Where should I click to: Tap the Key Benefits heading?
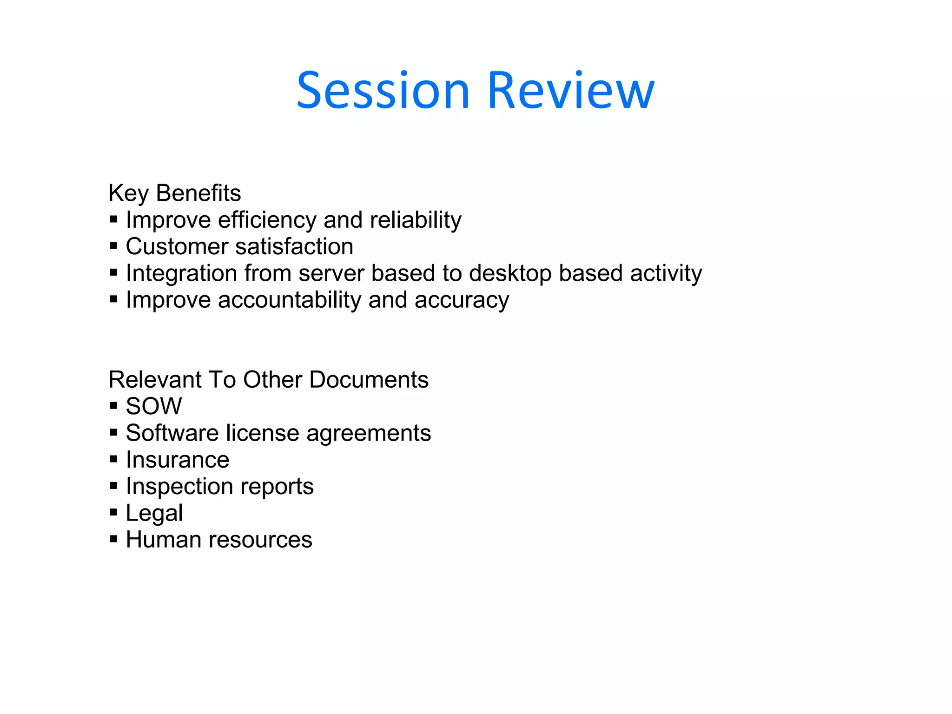pyautogui.click(x=174, y=193)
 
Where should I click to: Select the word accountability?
pyautogui.click(x=289, y=300)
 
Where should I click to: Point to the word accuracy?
pyautogui.click(x=462, y=301)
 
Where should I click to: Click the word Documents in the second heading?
pyautogui.click(x=369, y=380)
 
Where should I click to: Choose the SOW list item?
pyautogui.click(x=154, y=406)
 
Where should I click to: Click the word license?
pyautogui.click(x=263, y=433)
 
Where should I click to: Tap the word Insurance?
pyautogui.click(x=178, y=460)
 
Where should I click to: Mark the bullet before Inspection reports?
pyautogui.click(x=113, y=486)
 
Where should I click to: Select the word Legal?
pyautogui.click(x=154, y=514)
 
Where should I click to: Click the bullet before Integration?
pyautogui.click(x=113, y=272)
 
